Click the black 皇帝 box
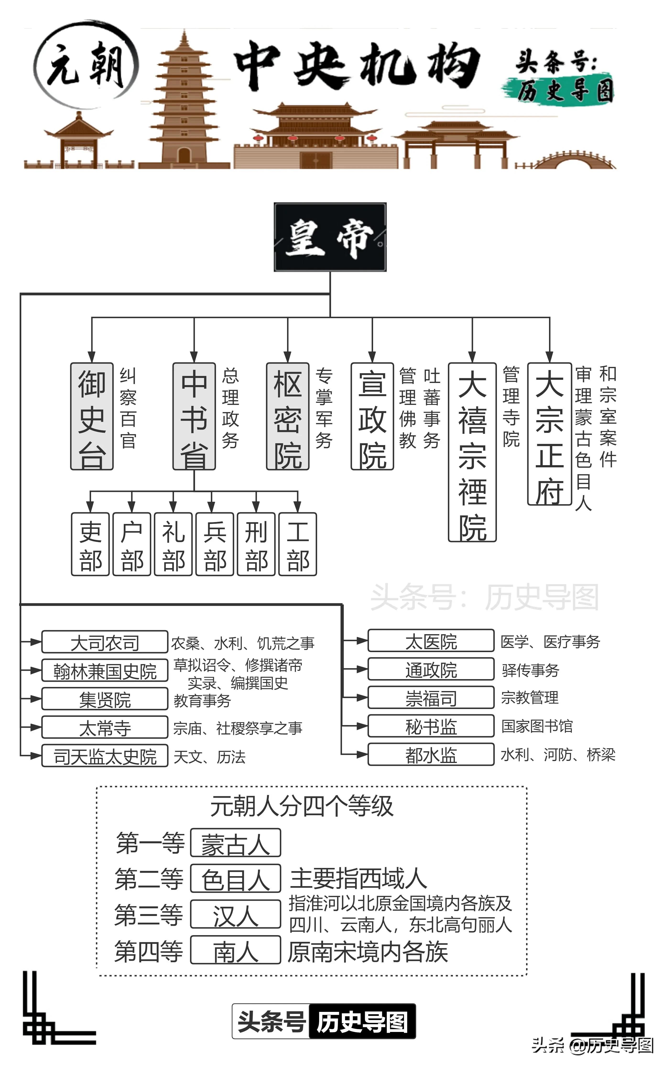click(330, 237)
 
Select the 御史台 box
click(92, 416)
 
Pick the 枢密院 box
click(288, 416)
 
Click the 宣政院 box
click(372, 416)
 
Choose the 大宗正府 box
click(549, 434)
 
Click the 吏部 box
click(90, 544)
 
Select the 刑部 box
click(256, 544)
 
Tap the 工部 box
click(298, 544)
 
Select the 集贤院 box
click(105, 699)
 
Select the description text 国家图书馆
click(537, 726)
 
